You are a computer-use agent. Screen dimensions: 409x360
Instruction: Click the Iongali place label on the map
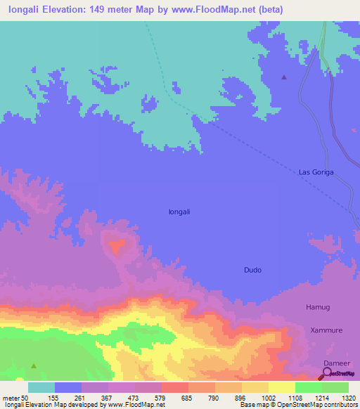click(x=180, y=211)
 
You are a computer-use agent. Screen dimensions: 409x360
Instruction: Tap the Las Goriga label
click(x=316, y=171)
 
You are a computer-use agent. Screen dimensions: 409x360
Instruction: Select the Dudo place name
click(x=252, y=269)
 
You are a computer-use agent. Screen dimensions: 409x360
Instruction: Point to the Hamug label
click(x=317, y=308)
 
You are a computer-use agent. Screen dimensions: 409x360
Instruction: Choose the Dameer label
click(x=335, y=363)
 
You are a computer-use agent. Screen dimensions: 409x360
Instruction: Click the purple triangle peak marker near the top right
click(x=284, y=77)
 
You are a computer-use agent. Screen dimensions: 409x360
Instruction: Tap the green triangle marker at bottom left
click(x=33, y=365)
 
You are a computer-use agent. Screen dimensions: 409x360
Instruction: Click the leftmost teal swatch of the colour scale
click(x=41, y=387)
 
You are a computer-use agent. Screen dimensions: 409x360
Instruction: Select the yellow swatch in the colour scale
click(x=281, y=387)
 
